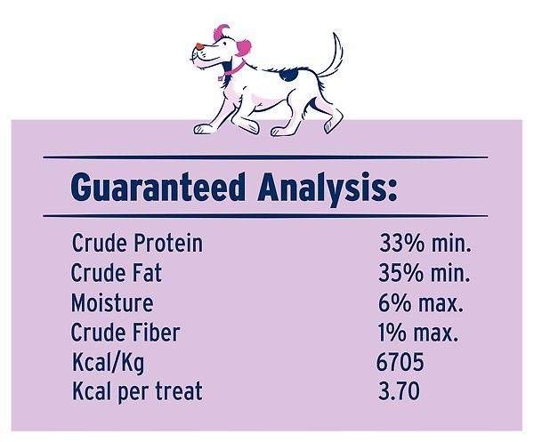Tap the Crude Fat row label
tap(116, 272)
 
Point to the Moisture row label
tap(112, 302)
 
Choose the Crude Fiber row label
tap(125, 333)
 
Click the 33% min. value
tap(425, 243)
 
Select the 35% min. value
tap(425, 272)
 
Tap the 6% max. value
tap(421, 302)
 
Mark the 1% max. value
tap(418, 333)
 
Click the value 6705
tap(400, 362)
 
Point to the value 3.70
tap(398, 390)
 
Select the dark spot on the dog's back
tap(287, 76)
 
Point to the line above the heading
tap(265, 157)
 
